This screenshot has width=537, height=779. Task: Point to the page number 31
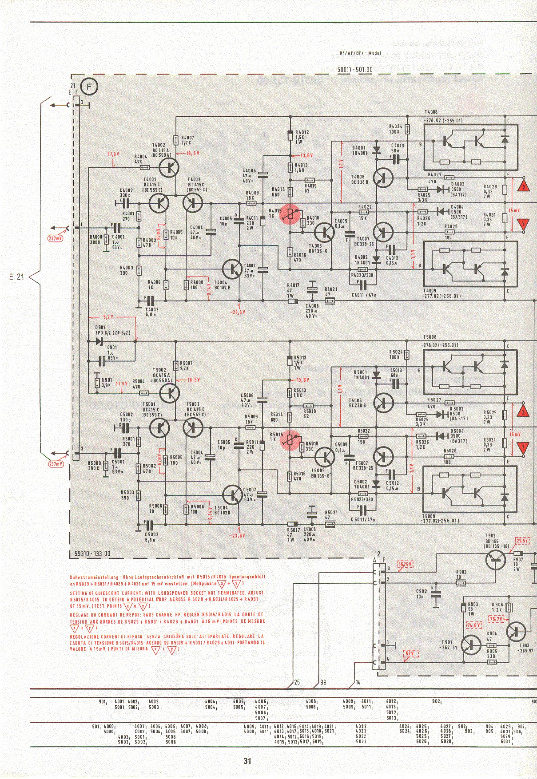click(x=247, y=760)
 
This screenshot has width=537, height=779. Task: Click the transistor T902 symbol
click(x=496, y=560)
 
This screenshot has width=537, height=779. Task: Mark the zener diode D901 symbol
click(x=99, y=341)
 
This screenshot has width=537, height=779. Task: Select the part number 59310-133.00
click(x=90, y=554)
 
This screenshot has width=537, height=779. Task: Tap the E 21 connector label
click(x=16, y=277)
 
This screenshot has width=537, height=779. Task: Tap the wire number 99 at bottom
click(x=323, y=682)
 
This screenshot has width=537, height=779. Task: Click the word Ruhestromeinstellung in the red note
click(x=89, y=577)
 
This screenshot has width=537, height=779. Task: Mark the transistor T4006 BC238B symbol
click(x=382, y=177)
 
